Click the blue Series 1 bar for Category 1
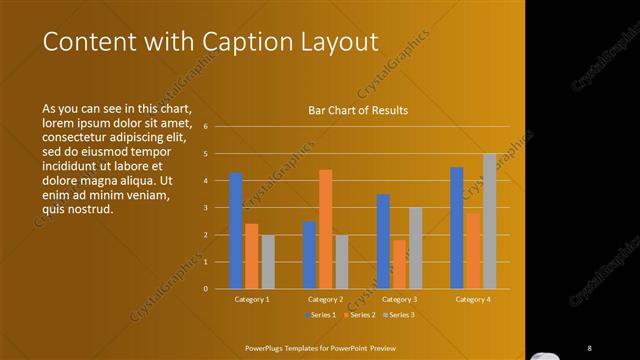pyautogui.click(x=236, y=231)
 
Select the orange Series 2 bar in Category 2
pyautogui.click(x=325, y=229)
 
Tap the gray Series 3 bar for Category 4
pyautogui.click(x=489, y=221)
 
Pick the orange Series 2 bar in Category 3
pyautogui.click(x=399, y=264)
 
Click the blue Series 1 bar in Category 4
pyautogui.click(x=457, y=228)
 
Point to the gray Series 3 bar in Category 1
pyautogui.click(x=268, y=262)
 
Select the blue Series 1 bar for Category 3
pyautogui.click(x=383, y=241)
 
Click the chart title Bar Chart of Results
pyautogui.click(x=358, y=111)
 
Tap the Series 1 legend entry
pyautogui.click(x=320, y=315)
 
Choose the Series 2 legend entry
pyautogui.click(x=358, y=315)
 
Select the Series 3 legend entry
pyautogui.click(x=397, y=315)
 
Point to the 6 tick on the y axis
pyautogui.click(x=204, y=127)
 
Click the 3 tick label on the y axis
pyautogui.click(x=204, y=208)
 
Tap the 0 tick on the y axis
pyautogui.click(x=204, y=289)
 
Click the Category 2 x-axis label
pyautogui.click(x=325, y=299)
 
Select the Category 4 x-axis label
pyautogui.click(x=473, y=299)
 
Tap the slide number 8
pyautogui.click(x=589, y=347)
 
